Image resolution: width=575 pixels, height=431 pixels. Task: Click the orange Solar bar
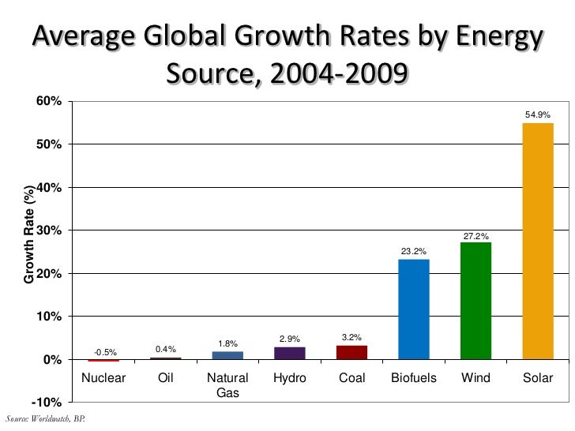(x=537, y=241)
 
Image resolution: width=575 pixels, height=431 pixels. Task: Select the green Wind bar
(x=475, y=301)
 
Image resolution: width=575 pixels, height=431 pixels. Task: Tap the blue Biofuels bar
(x=413, y=309)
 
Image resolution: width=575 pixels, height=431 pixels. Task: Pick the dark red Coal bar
(x=351, y=352)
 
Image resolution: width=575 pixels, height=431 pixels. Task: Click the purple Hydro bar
(x=289, y=353)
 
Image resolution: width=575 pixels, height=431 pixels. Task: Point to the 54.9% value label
(x=537, y=115)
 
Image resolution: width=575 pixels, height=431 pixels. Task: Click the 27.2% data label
(x=475, y=236)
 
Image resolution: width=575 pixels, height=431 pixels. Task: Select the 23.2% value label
(x=413, y=252)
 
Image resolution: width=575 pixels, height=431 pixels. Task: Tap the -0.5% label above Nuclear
(x=105, y=352)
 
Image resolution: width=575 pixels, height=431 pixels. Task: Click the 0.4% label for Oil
(x=166, y=349)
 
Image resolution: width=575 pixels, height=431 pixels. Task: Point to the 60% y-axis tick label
(x=48, y=102)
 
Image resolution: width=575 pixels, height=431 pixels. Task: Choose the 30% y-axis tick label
(x=48, y=230)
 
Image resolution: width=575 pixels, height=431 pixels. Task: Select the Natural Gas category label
(x=227, y=385)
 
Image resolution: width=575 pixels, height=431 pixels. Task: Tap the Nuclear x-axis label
(x=104, y=378)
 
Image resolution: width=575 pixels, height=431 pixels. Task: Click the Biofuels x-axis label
(x=413, y=378)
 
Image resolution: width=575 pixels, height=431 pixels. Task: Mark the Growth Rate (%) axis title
(x=29, y=235)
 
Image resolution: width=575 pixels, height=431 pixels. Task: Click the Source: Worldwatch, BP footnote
(x=44, y=418)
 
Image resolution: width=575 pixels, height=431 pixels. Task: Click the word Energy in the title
(x=495, y=37)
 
